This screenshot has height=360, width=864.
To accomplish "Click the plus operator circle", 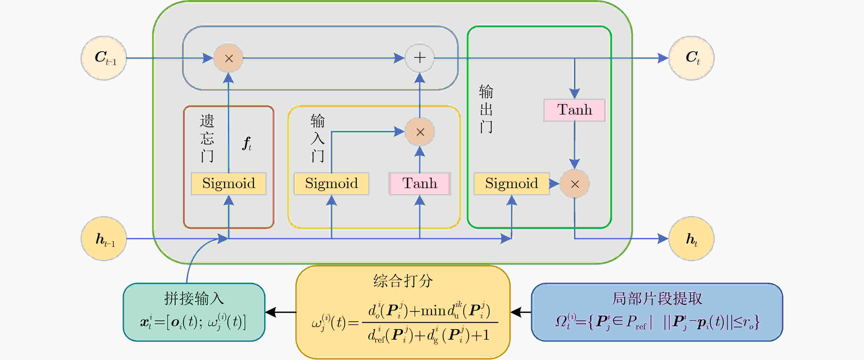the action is pyautogui.click(x=420, y=58).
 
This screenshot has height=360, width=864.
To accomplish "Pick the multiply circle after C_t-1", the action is pyautogui.click(x=228, y=58).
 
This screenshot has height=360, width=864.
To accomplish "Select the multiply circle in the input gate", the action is pyautogui.click(x=420, y=132).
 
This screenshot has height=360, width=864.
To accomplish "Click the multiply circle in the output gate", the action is pyautogui.click(x=575, y=184).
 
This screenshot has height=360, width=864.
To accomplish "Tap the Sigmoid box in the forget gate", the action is pyautogui.click(x=228, y=184).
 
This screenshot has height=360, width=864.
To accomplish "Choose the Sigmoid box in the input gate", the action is pyautogui.click(x=331, y=184).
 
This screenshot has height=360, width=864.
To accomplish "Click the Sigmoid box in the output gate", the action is pyautogui.click(x=512, y=184).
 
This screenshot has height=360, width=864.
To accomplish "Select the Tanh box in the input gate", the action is pyautogui.click(x=420, y=184).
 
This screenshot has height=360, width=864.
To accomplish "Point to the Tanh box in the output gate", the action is pyautogui.click(x=575, y=110).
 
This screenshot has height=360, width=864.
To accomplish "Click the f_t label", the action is pyautogui.click(x=247, y=144).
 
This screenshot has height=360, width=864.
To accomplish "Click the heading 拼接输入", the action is pyautogui.click(x=194, y=298).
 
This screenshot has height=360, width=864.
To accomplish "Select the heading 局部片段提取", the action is pyautogui.click(x=657, y=298).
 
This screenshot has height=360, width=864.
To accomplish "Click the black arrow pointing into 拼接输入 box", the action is pyautogui.click(x=281, y=312).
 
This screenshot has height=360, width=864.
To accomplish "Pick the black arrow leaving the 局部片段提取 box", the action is pyautogui.click(x=521, y=312).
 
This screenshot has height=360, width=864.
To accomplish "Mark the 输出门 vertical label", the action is pyautogui.click(x=486, y=109).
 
